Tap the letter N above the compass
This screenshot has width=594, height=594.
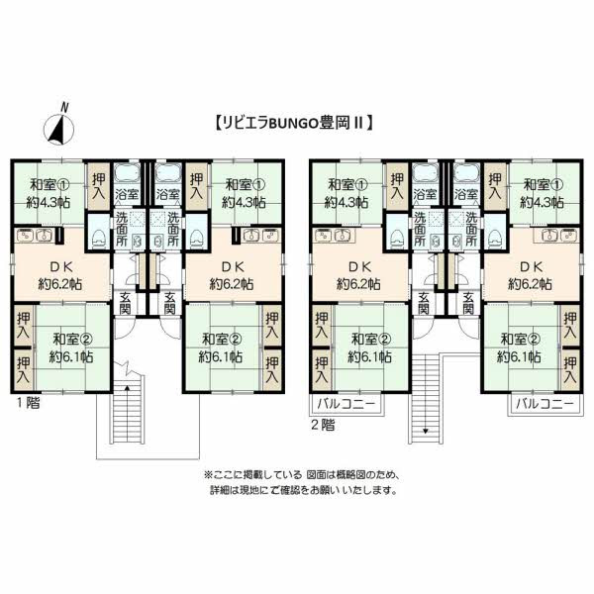click(x=64, y=108)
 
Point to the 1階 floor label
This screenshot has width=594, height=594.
click(x=28, y=403)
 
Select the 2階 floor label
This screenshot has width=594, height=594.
click(x=323, y=425)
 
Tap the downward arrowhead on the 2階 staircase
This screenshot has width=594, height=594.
click(x=426, y=431)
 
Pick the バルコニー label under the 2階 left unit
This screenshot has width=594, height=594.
click(x=346, y=404)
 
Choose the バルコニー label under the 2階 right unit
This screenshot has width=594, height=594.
click(x=544, y=404)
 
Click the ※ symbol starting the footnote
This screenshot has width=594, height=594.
click(x=209, y=474)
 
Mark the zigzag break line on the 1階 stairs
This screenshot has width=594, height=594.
click(x=128, y=368)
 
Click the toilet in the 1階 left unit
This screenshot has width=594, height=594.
click(x=98, y=239)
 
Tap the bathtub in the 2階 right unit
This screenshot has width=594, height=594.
click(x=466, y=173)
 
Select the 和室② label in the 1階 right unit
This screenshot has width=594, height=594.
click(x=221, y=339)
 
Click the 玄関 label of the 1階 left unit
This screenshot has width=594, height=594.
click(x=125, y=303)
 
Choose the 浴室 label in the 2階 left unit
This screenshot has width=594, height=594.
click(x=425, y=194)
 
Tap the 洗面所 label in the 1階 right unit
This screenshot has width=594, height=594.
click(x=173, y=229)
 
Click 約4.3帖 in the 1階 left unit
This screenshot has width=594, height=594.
click(x=49, y=202)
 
